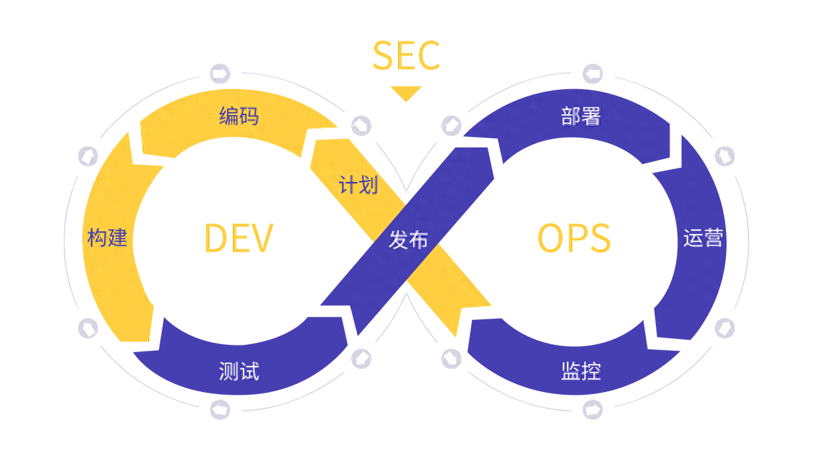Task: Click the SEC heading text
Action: (x=406, y=56)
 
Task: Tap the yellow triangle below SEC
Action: (x=406, y=94)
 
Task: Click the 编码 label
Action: (x=239, y=117)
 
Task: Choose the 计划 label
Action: (x=358, y=185)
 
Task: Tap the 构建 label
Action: (x=107, y=238)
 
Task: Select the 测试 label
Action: (x=239, y=372)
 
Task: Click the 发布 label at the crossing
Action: (x=408, y=240)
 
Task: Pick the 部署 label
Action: (x=581, y=117)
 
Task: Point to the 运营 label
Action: (x=703, y=238)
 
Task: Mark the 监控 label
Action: (x=581, y=372)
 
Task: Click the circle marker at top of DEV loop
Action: (x=219, y=73)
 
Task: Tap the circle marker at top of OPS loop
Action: (x=593, y=73)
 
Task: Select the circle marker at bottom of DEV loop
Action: (x=219, y=410)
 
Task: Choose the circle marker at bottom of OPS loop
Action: (x=593, y=410)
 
